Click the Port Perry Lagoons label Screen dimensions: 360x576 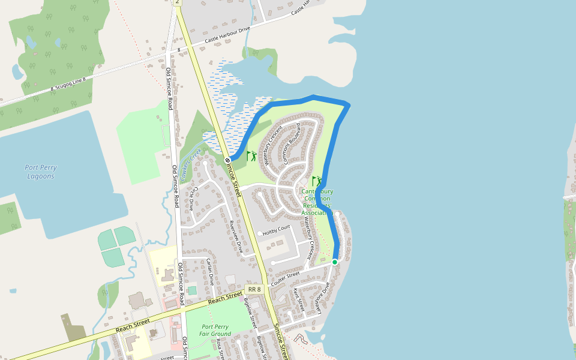[x=41, y=172]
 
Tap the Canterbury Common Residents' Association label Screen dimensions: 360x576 [x=317, y=202]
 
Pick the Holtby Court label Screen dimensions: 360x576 [x=276, y=227]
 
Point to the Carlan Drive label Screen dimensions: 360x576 [x=210, y=271]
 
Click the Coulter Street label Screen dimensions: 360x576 [x=285, y=279]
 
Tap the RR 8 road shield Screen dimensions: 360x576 [x=254, y=290]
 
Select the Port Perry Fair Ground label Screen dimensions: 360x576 [x=215, y=330]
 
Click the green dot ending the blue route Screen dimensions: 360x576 [x=335, y=262]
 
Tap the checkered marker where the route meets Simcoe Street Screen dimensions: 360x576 [x=228, y=160]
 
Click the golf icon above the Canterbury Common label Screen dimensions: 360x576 [x=316, y=181]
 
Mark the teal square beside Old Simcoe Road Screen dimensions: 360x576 [x=192, y=290]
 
